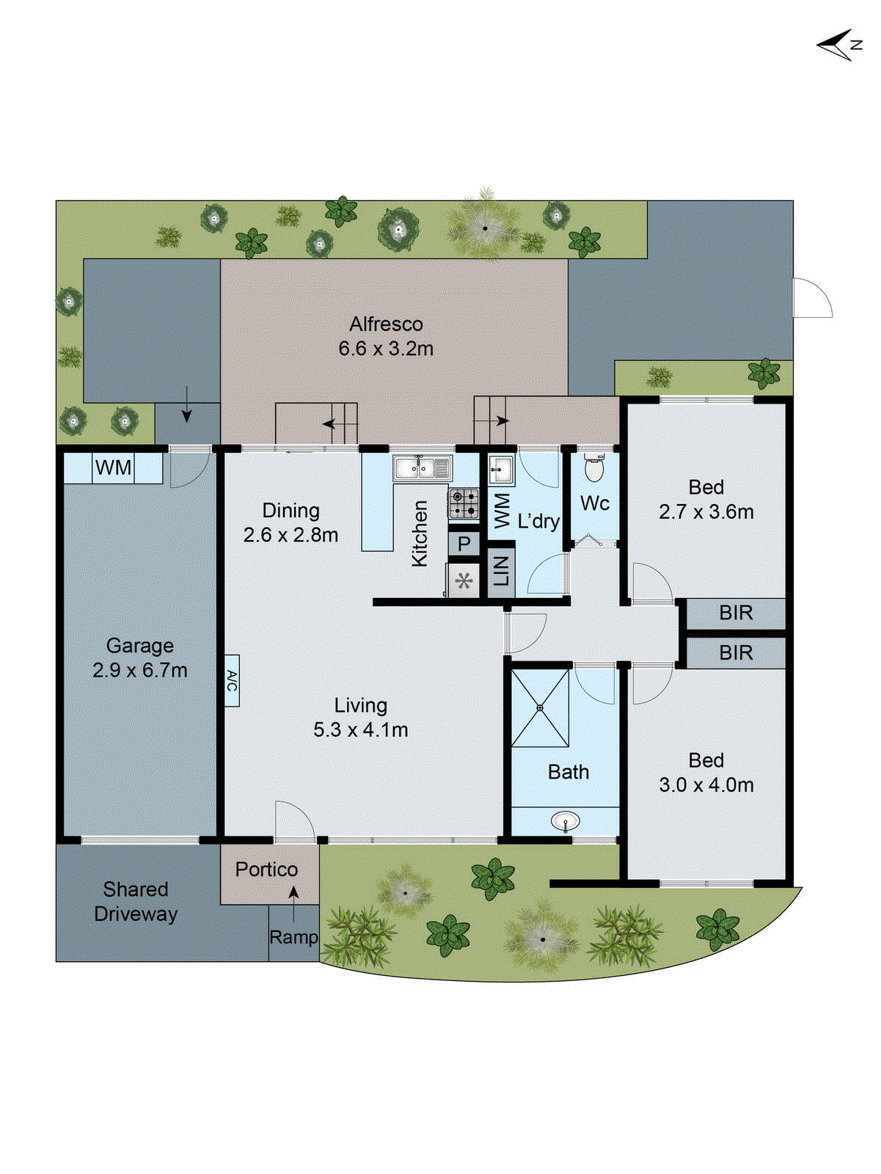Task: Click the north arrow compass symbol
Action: click(x=836, y=45)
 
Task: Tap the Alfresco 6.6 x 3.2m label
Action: click(x=386, y=336)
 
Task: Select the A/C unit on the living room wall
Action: click(x=232, y=680)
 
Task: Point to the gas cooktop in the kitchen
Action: click(x=464, y=504)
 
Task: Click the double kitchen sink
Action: click(x=423, y=467)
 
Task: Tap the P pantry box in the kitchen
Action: click(x=464, y=544)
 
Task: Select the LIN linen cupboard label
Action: click(x=501, y=570)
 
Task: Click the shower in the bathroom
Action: click(x=540, y=708)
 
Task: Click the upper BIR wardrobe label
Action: click(x=736, y=613)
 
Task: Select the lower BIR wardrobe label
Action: click(x=736, y=652)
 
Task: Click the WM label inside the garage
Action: click(x=114, y=467)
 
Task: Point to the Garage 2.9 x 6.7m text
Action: click(x=139, y=657)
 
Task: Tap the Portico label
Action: click(x=266, y=869)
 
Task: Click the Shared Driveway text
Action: click(x=136, y=902)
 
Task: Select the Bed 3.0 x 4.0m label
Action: click(x=706, y=773)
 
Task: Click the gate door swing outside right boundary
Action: click(x=812, y=298)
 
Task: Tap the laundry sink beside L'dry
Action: click(x=500, y=468)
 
